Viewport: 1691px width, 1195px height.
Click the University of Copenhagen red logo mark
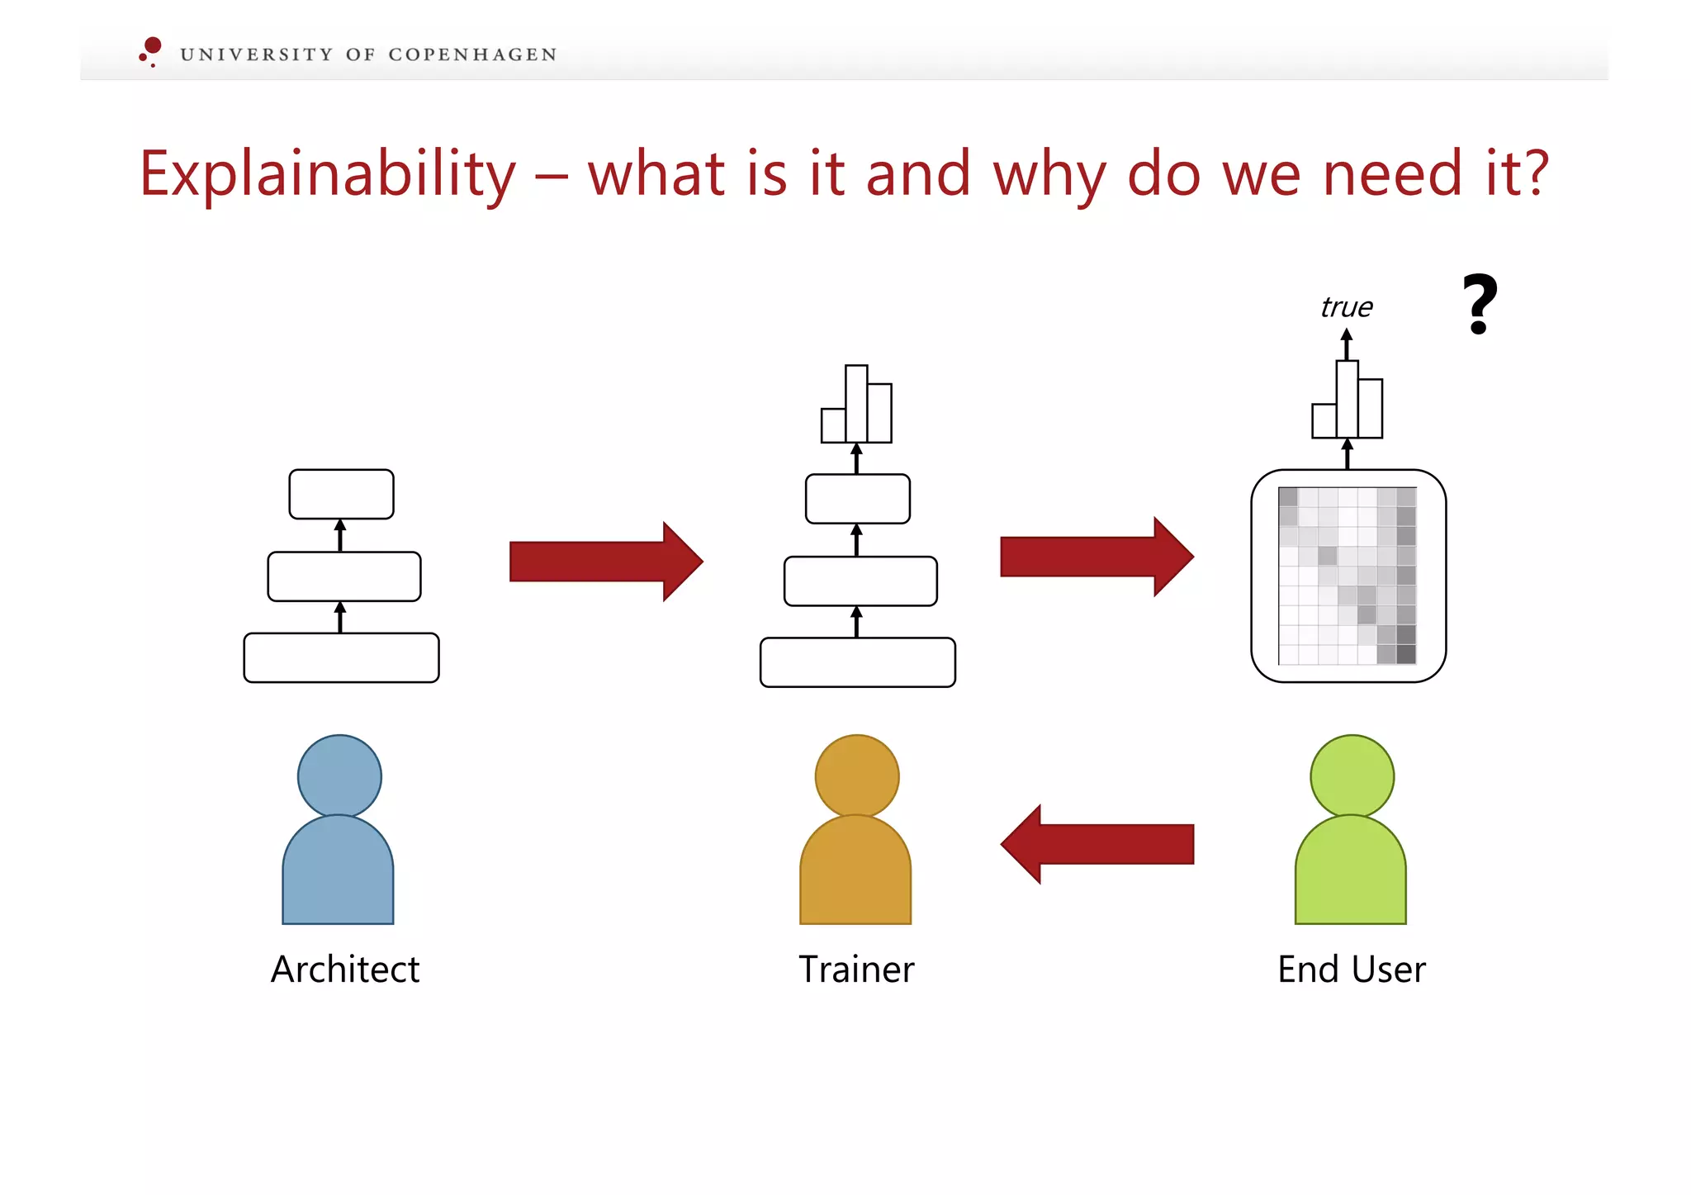coord(151,50)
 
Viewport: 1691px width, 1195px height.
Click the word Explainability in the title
coord(327,174)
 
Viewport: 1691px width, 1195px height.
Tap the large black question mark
coord(1479,304)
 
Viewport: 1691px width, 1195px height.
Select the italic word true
coord(1346,307)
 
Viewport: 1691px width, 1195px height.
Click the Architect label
coord(345,969)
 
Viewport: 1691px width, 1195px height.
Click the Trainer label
coord(856,969)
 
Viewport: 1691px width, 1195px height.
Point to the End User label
coord(1351,969)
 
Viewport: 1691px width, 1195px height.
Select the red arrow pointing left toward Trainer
coord(1097,844)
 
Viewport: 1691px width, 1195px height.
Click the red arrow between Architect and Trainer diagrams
coord(605,562)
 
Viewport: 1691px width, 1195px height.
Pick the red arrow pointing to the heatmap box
coord(1096,557)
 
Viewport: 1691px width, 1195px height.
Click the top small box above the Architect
coord(341,494)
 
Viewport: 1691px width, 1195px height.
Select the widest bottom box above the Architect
coord(341,657)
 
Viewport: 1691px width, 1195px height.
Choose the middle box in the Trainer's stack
coord(860,581)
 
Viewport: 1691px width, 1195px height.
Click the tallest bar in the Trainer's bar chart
coord(856,404)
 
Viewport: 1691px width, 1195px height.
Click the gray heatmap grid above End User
coord(1348,576)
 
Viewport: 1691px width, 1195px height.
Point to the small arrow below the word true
coord(1347,344)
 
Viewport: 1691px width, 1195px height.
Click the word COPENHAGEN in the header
coord(472,55)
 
